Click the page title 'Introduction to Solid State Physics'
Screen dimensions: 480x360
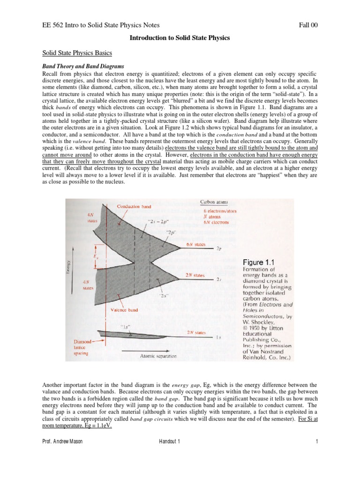click(x=180, y=37)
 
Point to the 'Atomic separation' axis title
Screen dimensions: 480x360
click(x=158, y=356)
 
